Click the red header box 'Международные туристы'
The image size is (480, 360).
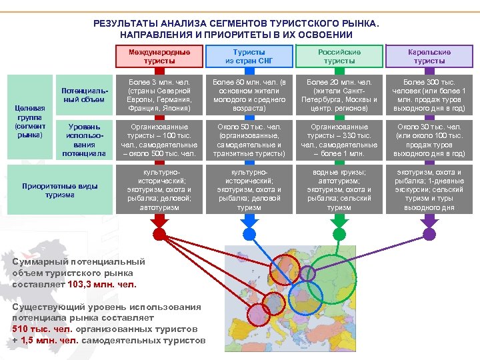click(159, 57)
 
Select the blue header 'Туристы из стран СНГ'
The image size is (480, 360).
click(249, 57)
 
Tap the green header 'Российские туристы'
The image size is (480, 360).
click(339, 57)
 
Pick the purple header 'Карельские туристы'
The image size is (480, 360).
click(429, 57)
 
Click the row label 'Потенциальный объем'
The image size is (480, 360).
click(83, 95)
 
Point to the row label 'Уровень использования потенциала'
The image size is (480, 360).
click(83, 139)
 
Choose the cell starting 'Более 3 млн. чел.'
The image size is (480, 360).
click(159, 95)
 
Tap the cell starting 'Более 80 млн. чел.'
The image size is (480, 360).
click(249, 95)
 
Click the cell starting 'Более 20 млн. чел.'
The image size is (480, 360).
click(339, 95)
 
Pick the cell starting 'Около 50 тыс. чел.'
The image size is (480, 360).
click(249, 139)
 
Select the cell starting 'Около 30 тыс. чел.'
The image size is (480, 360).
click(429, 139)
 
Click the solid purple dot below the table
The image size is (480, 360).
click(429, 234)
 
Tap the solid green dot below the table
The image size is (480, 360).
click(339, 234)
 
